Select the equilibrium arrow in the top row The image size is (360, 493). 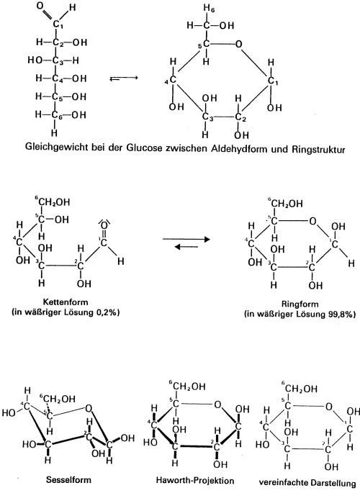[124, 78]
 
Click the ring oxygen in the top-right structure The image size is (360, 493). [239, 44]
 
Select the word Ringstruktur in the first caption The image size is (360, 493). [318, 149]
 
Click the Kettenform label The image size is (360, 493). [66, 302]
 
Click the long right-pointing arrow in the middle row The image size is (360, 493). [186, 240]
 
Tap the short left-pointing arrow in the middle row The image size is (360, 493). [186, 247]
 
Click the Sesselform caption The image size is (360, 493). [68, 480]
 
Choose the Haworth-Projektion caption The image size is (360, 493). [195, 481]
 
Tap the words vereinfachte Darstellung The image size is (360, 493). [307, 482]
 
